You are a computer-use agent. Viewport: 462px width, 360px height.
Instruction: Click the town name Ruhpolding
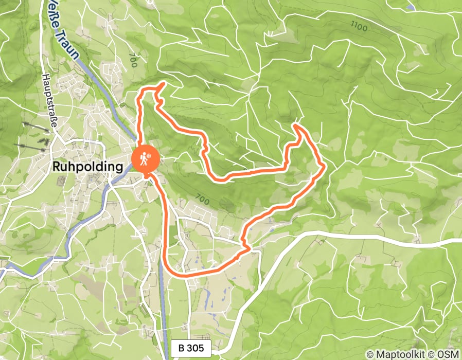click(x=88, y=167)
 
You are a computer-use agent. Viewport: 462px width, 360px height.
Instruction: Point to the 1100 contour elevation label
click(x=359, y=26)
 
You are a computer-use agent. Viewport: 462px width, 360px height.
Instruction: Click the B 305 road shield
click(x=191, y=348)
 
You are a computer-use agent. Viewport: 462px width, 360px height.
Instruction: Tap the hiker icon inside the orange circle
click(x=141, y=160)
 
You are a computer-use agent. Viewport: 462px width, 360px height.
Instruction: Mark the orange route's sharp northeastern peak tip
click(x=297, y=124)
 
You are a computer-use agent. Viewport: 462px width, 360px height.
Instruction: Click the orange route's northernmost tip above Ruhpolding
click(x=164, y=84)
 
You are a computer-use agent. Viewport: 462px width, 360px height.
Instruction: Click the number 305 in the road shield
click(x=195, y=348)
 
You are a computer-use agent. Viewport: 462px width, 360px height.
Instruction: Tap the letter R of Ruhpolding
click(x=56, y=167)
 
